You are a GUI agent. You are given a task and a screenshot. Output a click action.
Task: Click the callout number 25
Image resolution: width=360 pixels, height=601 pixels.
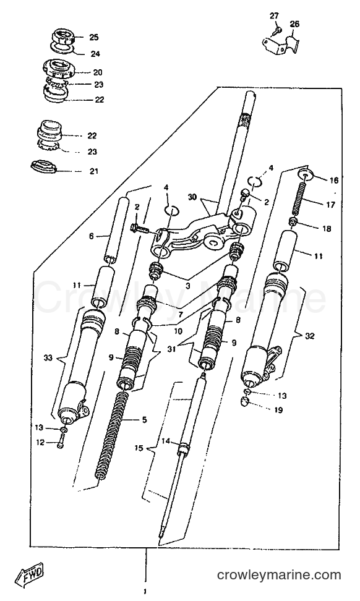click(94, 37)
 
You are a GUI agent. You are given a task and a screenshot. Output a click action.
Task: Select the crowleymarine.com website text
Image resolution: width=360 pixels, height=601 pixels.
click(279, 575)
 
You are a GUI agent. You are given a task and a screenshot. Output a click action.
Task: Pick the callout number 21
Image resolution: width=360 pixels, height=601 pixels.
click(94, 171)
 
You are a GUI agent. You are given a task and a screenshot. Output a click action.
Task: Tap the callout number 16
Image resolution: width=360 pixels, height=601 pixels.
click(334, 180)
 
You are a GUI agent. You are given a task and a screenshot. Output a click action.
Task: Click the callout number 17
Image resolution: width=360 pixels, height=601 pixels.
click(330, 204)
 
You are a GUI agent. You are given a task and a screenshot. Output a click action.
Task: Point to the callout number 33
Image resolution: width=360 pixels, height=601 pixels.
click(48, 358)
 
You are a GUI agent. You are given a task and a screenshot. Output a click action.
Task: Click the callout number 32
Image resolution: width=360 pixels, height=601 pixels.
click(310, 336)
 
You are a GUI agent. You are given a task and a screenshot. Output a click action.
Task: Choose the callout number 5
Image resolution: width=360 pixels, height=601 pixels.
click(144, 420)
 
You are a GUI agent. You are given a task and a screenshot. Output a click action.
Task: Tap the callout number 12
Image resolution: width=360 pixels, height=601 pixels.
click(40, 443)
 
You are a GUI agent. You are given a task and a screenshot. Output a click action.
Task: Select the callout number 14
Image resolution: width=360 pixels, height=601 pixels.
click(165, 441)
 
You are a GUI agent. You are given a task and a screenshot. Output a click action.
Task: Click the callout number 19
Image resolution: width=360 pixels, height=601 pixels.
click(278, 410)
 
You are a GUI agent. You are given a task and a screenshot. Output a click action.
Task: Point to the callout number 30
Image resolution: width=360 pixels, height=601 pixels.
click(192, 197)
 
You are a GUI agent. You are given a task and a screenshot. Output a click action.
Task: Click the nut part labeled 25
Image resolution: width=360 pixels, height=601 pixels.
click(62, 37)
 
